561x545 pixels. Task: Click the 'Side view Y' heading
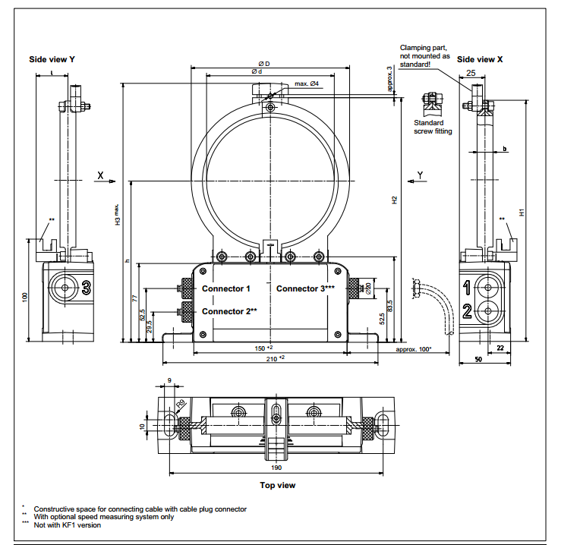coord(52,59)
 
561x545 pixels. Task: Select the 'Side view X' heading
coord(481,58)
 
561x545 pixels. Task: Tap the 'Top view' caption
coord(278,485)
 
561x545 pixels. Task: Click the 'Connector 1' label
coord(225,289)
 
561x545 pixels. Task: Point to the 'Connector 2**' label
coord(228,311)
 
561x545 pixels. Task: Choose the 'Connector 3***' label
coord(305,289)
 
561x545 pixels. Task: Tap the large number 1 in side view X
coord(468,286)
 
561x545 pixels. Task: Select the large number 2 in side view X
coord(468,310)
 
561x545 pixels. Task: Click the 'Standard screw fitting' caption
coord(433,127)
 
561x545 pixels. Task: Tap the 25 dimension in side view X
coord(471,74)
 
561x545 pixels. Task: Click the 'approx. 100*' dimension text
coord(414,349)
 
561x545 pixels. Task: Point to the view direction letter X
coord(100,175)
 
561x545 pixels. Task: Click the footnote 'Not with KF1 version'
coord(68,525)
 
